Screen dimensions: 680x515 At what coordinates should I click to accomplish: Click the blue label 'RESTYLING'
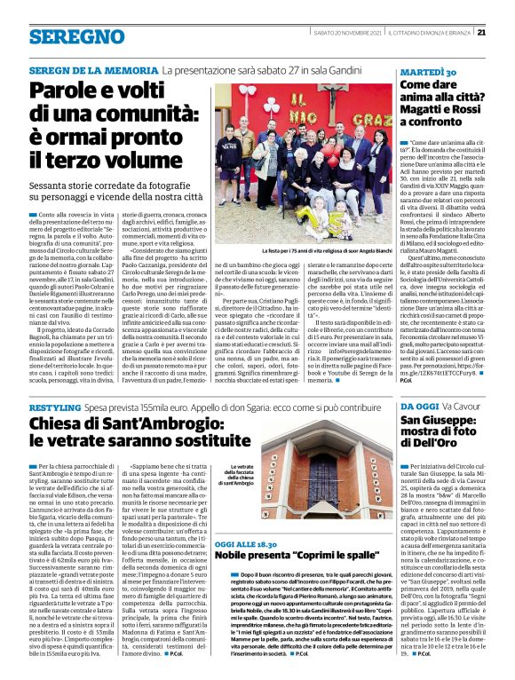[54, 405]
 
